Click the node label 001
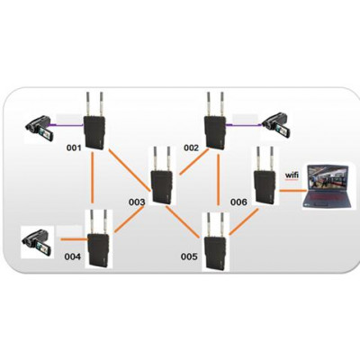pos(74,148)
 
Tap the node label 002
pos(191,148)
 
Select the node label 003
pos(137,202)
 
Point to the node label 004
pos(73,256)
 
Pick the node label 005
pos(189,256)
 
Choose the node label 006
pos(238,202)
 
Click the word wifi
pos(292,175)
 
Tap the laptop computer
pos(326,186)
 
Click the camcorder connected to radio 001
pos(40,128)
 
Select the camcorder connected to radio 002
pos(276,125)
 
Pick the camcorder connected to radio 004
pos(37,242)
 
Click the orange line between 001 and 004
pos(94,178)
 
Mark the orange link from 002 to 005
pos(219,180)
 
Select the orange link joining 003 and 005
pos(183,221)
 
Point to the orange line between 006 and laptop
pos(292,191)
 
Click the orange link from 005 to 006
pos(244,221)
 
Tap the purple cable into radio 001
pos(67,125)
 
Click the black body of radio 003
pos(162,187)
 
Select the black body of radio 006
pos(265,187)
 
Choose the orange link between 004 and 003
pos(129,220)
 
